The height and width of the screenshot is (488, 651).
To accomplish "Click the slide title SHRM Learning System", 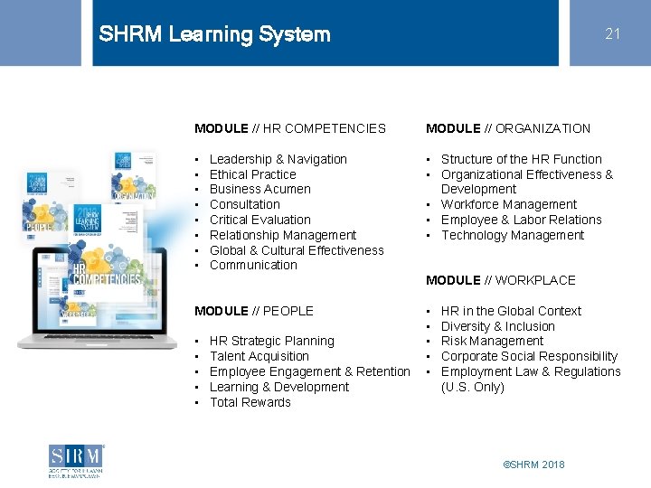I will point(214,34).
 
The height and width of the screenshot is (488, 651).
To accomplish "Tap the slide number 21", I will point(613,33).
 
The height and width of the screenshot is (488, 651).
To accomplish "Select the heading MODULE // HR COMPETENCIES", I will point(290,128).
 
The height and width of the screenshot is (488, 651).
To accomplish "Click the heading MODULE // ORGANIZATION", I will point(508,128).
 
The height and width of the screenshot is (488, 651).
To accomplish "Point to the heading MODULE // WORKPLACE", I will point(501,280).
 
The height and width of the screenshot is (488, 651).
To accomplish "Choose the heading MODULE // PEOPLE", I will point(254,311).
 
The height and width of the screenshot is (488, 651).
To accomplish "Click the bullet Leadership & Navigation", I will point(278,159).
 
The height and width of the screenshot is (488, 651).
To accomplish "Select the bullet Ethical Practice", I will point(252,174).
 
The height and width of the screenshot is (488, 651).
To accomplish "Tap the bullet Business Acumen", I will point(259,189).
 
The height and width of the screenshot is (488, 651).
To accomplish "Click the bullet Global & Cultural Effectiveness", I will point(297,250).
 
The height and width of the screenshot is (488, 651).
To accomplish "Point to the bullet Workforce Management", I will point(508,204).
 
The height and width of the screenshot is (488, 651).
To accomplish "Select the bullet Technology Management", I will point(513,235).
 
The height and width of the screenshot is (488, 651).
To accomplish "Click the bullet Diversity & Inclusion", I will point(497,326).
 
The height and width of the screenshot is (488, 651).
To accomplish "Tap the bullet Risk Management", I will point(492,341).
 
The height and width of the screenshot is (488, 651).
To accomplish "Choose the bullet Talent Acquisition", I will point(259,356).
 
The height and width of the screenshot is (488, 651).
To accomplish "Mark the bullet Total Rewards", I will point(250,402).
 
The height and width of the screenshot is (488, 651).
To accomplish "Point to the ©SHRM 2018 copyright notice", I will point(533,465).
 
